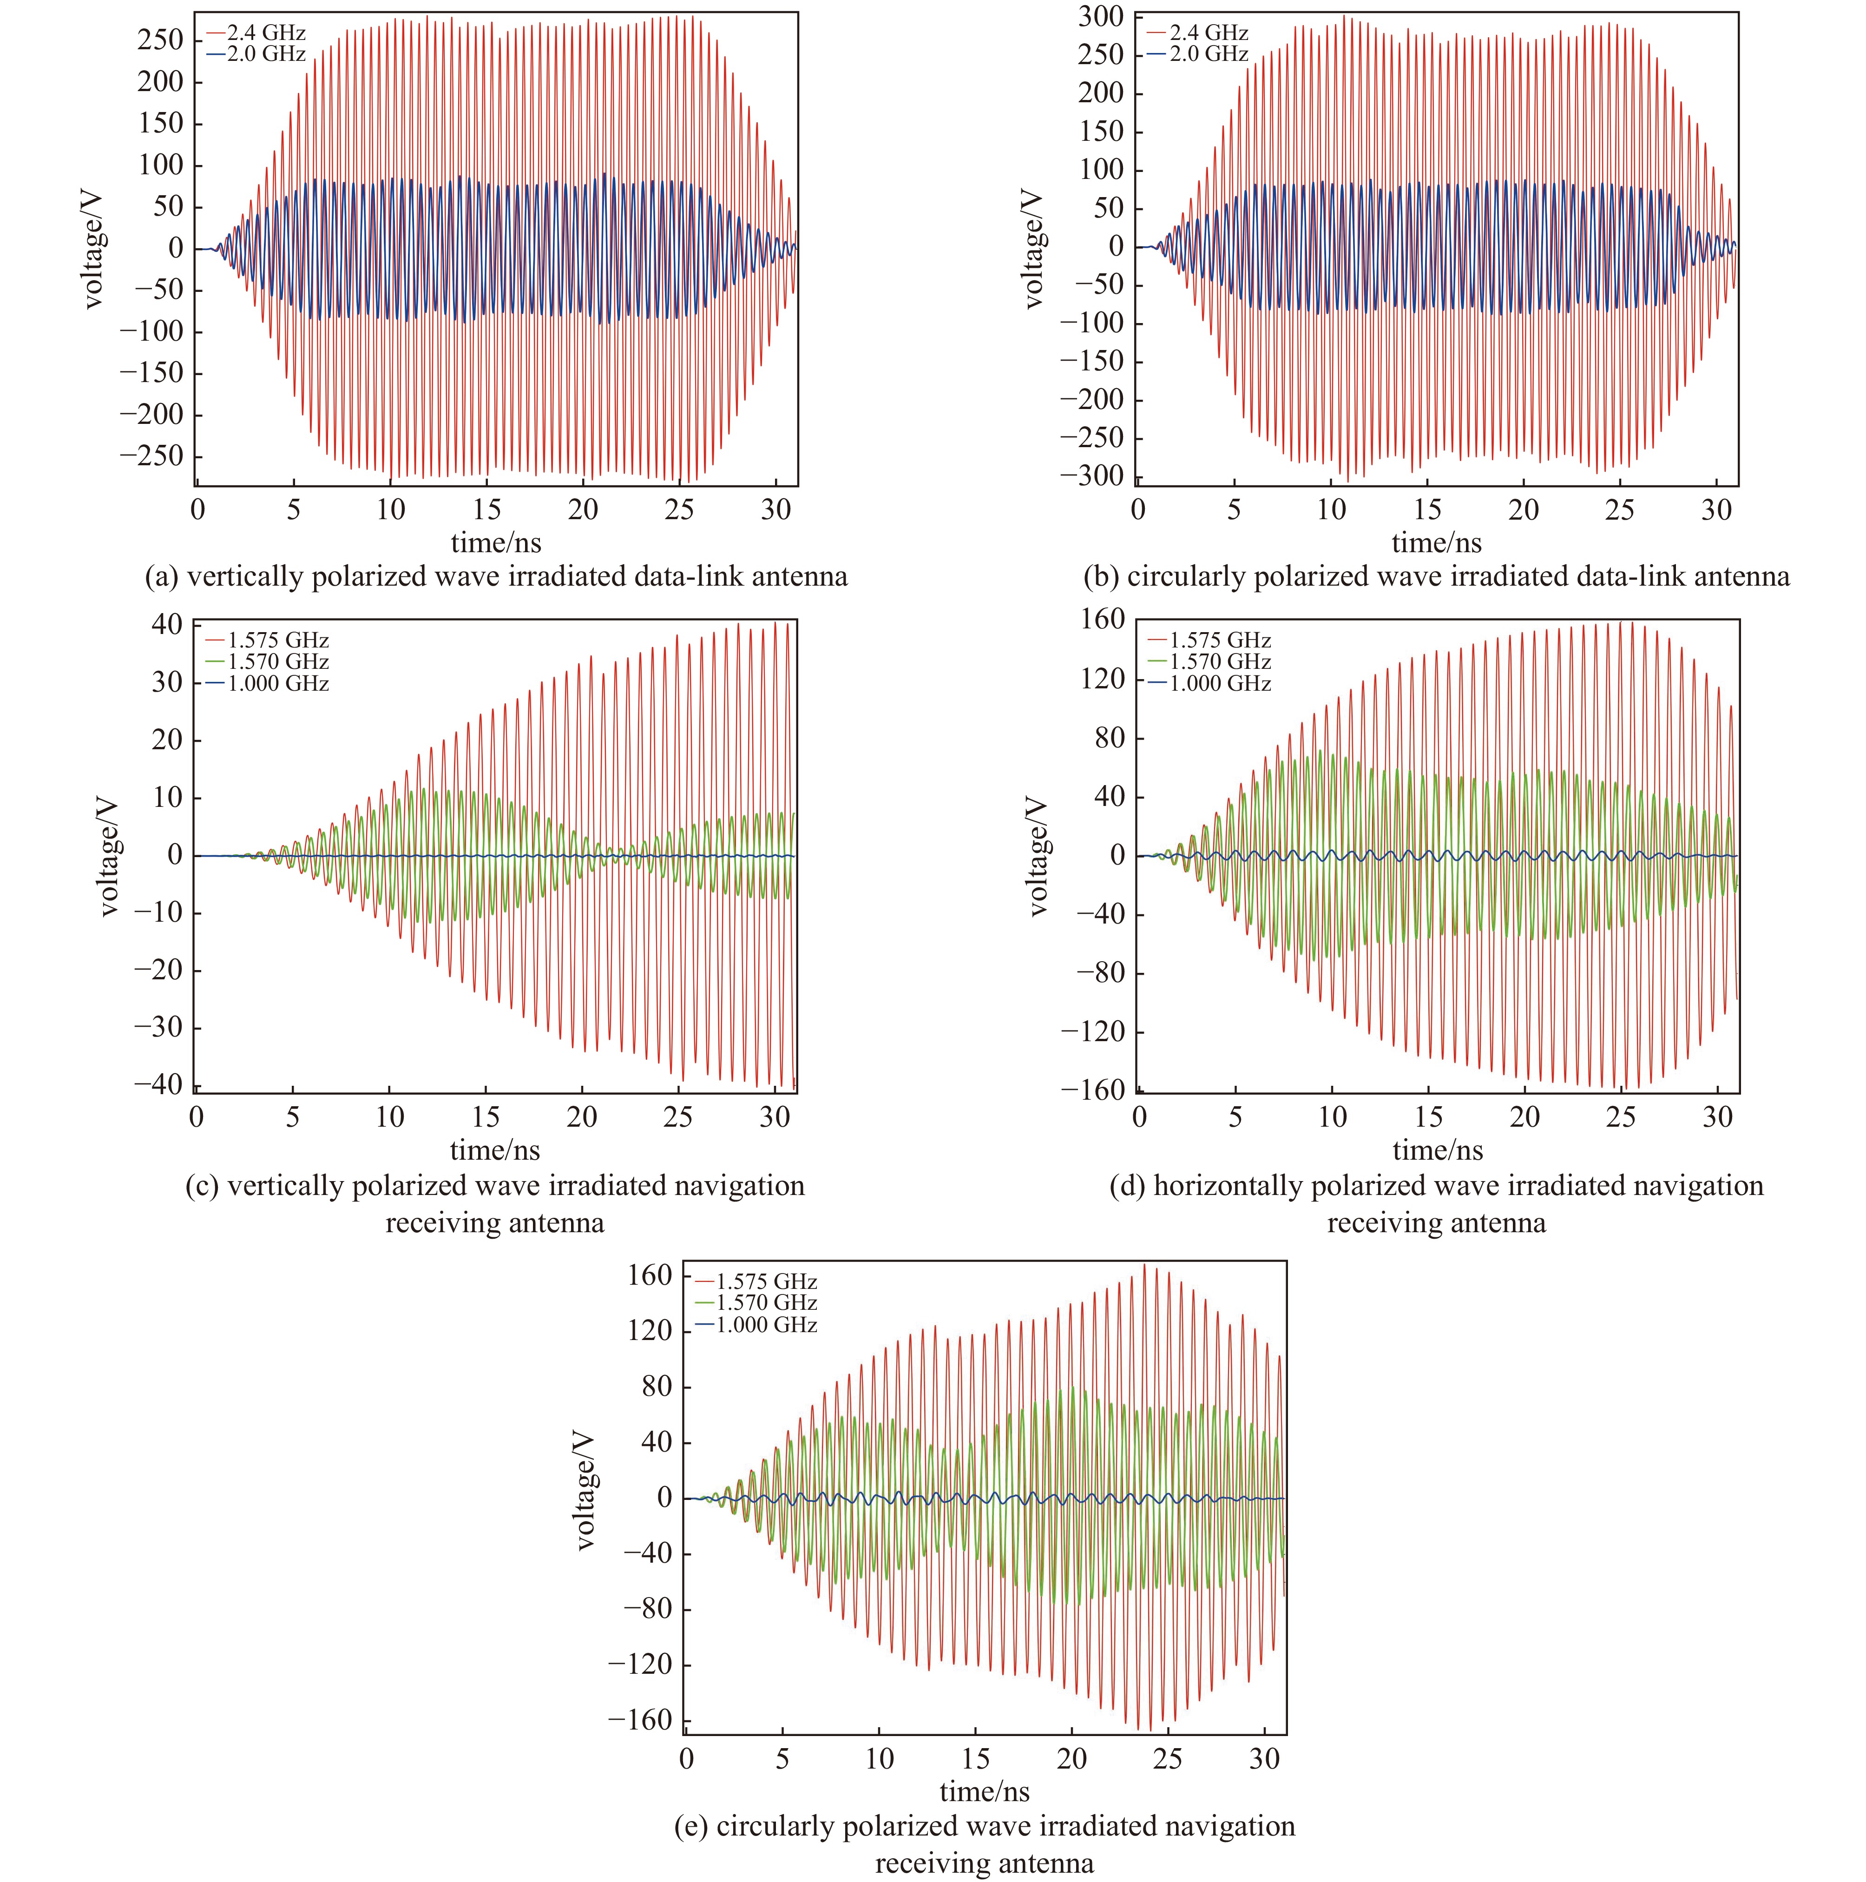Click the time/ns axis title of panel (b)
point(1437,542)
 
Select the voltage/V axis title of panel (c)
point(109,855)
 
